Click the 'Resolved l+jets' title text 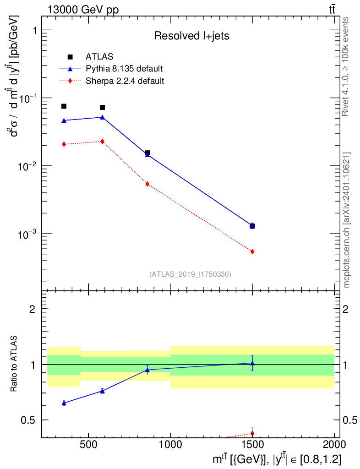(x=191, y=36)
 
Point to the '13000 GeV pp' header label (x=83, y=10)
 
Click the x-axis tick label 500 (x=88, y=444)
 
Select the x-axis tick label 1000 (x=170, y=444)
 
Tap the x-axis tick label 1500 (x=253, y=444)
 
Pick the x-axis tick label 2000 (x=334, y=444)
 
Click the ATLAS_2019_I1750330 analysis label (x=190, y=274)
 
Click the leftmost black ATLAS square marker (x=64, y=106)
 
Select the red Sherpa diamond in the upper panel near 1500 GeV (x=252, y=251)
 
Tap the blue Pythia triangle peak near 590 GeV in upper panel (x=102, y=117)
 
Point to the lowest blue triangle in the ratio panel (x=64, y=404)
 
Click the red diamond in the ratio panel (x=252, y=433)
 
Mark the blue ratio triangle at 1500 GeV (x=252, y=363)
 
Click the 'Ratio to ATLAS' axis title (x=14, y=364)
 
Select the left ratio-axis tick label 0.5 (x=28, y=420)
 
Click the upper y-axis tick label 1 (x=35, y=30)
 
